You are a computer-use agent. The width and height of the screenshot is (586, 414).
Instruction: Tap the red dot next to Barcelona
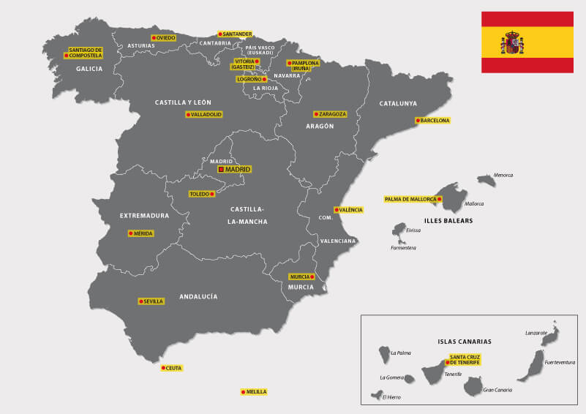pos(418,120)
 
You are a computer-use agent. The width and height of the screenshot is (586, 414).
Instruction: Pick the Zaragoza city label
pos(330,114)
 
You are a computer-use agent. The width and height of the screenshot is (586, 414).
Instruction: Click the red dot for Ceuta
pos(163,368)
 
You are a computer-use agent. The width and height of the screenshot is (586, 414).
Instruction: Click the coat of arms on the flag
pos(512,42)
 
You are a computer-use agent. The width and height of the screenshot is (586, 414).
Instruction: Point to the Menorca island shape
pos(487,179)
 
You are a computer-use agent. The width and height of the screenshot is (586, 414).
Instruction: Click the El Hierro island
pos(377,395)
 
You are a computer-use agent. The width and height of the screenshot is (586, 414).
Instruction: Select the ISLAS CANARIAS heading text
pos(464,342)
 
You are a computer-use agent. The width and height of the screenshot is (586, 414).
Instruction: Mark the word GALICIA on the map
pos(89,69)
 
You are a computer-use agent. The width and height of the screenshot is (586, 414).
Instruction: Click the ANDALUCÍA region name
pos(198,296)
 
